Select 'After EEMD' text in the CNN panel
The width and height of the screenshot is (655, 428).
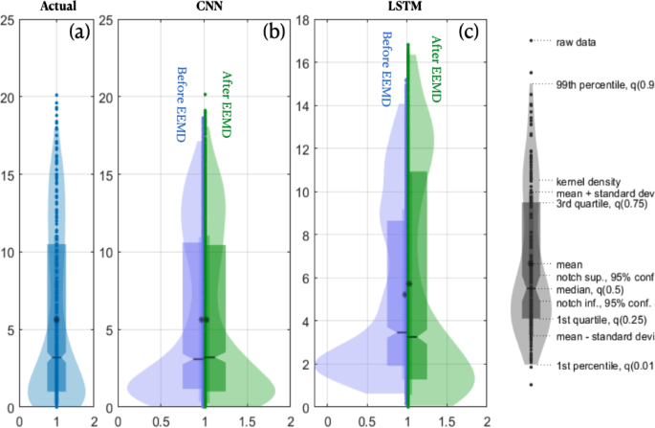click(x=228, y=106)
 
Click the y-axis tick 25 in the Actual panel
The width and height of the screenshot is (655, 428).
click(x=8, y=19)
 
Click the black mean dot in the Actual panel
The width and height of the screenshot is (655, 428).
click(x=56, y=319)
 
